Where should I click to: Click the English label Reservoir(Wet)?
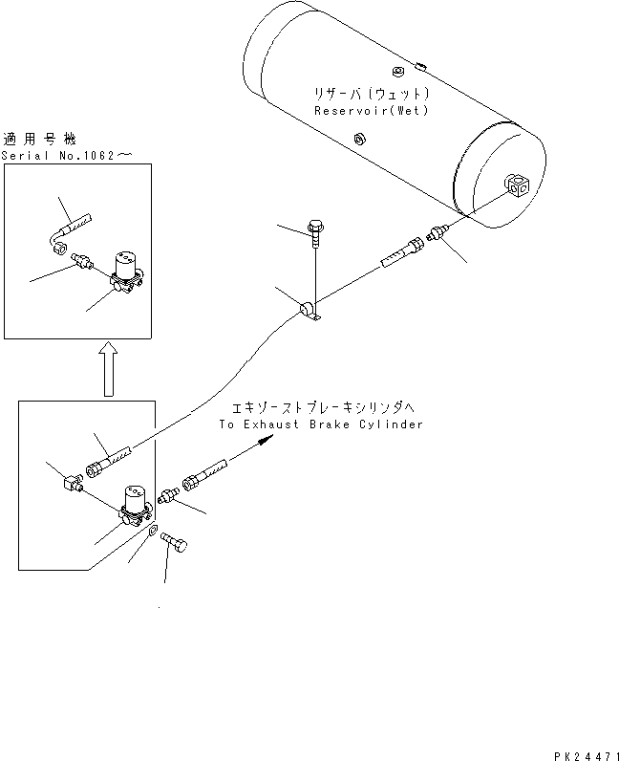(372, 111)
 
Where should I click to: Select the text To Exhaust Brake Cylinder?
(319, 424)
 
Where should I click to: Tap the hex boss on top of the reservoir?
(398, 71)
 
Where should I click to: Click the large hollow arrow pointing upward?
(108, 369)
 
